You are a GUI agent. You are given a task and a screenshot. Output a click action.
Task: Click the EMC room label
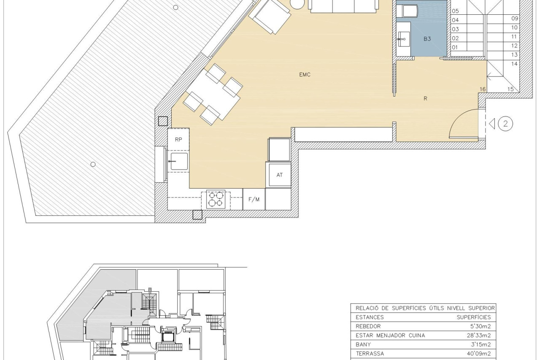coord(305,75)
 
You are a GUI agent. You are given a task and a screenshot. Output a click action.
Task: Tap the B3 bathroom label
coord(427,39)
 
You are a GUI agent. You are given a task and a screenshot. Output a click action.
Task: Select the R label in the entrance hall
coord(426,98)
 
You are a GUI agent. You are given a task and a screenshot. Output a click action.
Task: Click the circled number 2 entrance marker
coord(505,124)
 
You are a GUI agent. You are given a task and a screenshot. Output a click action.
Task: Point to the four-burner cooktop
coord(216,199)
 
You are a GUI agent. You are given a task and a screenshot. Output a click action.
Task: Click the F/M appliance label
coord(254,199)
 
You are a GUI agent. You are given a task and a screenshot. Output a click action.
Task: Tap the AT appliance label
coord(279,175)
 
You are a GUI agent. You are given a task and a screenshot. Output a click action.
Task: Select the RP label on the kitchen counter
coord(178,140)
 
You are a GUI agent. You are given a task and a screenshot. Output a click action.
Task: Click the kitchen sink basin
coord(179,161)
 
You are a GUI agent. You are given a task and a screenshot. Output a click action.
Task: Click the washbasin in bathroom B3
coord(404,39)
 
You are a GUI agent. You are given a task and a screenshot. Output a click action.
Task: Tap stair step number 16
coord(482,89)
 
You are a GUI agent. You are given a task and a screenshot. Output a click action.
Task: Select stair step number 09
coord(515,19)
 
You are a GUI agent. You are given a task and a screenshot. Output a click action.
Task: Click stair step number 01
coord(455,48)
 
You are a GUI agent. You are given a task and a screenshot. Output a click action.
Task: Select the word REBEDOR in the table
coord(368,327)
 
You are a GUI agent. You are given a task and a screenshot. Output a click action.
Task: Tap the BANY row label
coord(363,344)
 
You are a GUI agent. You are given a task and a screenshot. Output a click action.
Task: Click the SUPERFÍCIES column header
coord(474,317)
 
